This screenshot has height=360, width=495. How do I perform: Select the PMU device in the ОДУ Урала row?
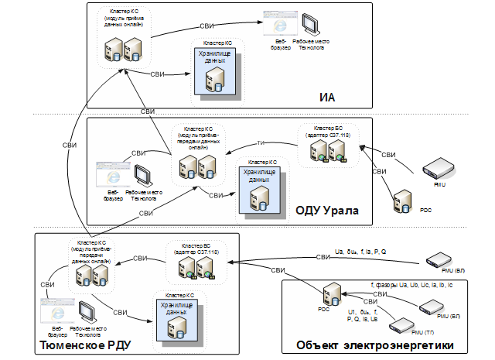[x=439, y=169]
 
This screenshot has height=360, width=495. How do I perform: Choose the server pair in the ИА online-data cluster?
[x=123, y=52]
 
